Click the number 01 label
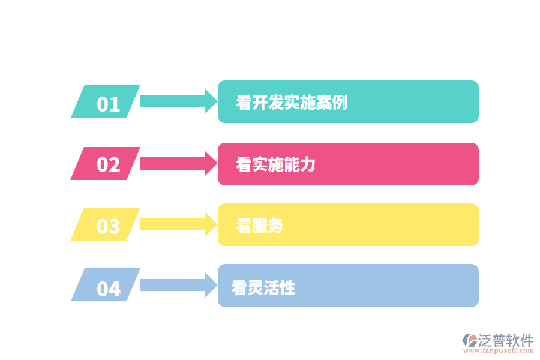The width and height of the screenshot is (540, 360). click(108, 104)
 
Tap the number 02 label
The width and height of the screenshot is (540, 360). click(108, 164)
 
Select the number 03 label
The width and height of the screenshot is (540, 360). click(108, 226)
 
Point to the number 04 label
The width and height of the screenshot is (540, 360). click(108, 289)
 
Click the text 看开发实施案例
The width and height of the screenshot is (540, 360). click(292, 102)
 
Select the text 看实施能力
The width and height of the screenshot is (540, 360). click(275, 164)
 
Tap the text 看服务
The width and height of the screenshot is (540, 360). click(259, 226)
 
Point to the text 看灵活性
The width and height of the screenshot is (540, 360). click(263, 287)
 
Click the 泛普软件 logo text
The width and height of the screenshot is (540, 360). click(506, 340)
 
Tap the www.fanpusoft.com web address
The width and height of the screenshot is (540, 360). click(497, 351)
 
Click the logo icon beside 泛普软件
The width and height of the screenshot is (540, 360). click(469, 340)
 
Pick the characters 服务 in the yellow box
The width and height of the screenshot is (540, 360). click(268, 226)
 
